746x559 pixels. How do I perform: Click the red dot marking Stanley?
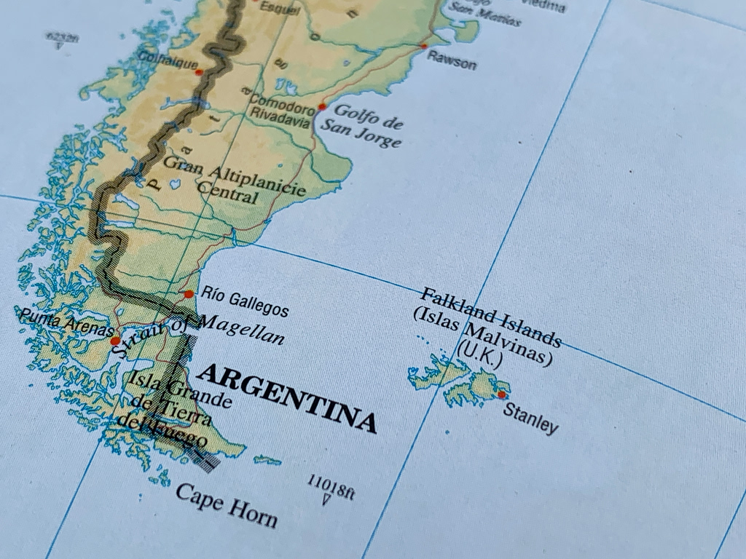(501, 395)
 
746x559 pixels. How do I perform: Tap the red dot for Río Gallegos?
(189, 294)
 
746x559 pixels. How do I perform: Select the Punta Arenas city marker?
(115, 340)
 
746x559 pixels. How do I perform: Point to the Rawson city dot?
(424, 46)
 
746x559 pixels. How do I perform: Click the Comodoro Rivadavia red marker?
(322, 107)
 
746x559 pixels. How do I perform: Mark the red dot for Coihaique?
(199, 72)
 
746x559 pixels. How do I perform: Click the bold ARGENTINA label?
(288, 397)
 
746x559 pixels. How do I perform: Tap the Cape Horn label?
(227, 504)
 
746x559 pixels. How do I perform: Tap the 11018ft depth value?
(330, 485)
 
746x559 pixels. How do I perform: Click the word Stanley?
(531, 416)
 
